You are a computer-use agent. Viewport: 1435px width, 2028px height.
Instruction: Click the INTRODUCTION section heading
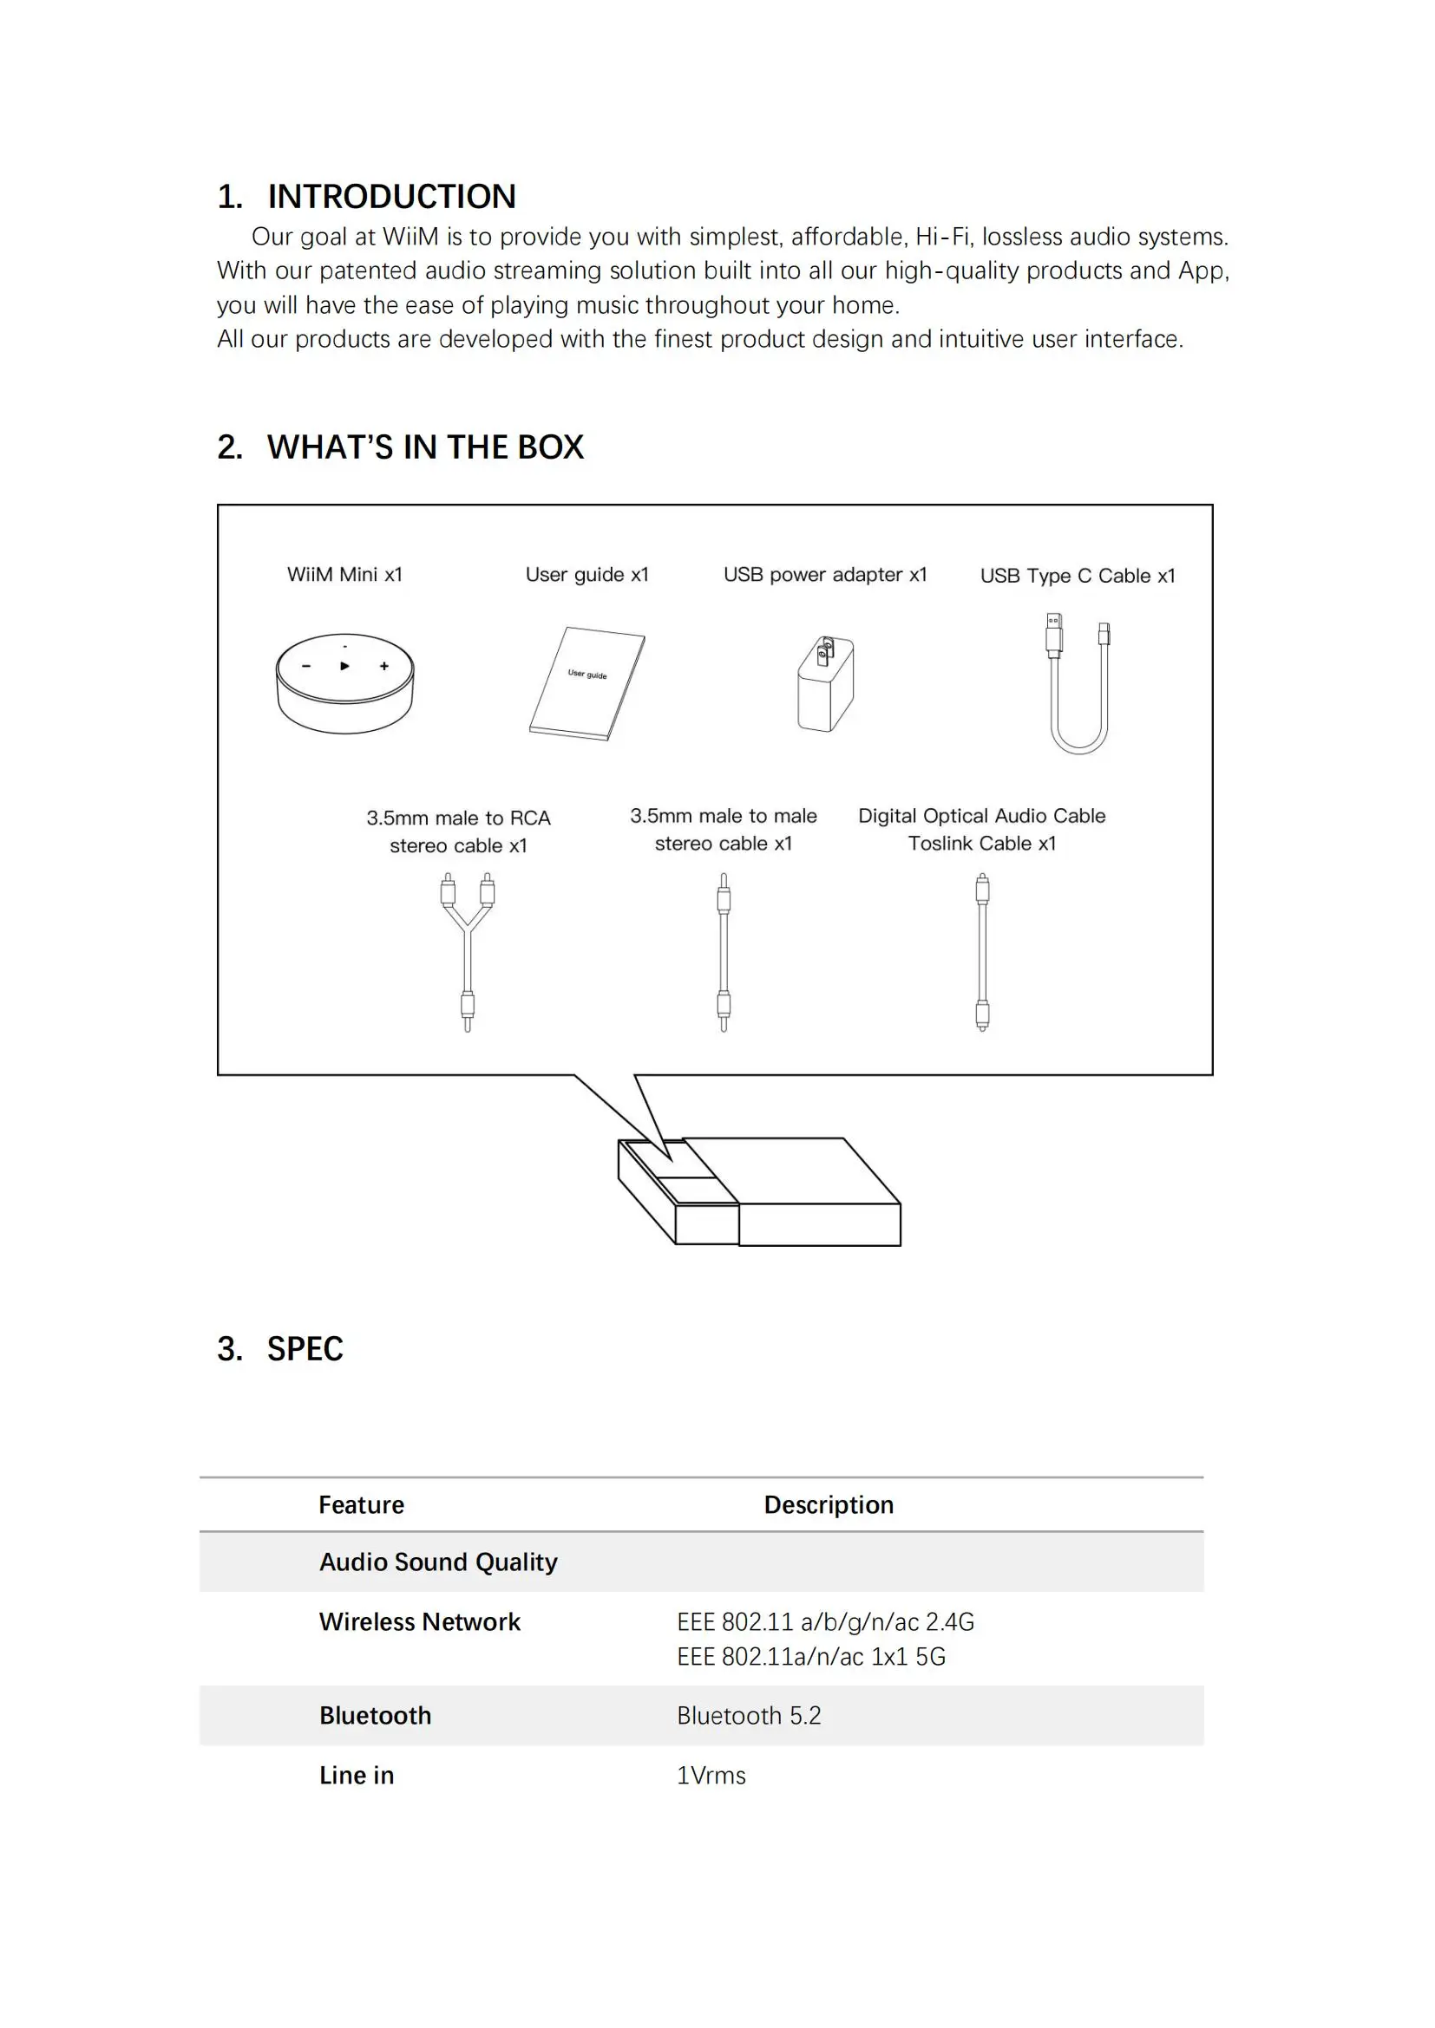[366, 196]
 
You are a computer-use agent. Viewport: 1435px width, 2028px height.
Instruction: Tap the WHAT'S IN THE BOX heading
[400, 447]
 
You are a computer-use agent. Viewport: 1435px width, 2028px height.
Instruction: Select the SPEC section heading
[280, 1349]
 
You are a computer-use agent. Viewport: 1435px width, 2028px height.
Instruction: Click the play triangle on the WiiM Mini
[344, 666]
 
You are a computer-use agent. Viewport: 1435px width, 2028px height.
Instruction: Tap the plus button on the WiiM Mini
[384, 666]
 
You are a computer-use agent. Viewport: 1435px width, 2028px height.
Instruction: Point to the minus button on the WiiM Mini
[305, 666]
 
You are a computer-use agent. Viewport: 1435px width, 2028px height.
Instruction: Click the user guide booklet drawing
[586, 683]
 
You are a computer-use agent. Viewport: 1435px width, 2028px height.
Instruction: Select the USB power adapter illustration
[825, 683]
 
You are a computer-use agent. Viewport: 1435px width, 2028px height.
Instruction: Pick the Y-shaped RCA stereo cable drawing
[468, 951]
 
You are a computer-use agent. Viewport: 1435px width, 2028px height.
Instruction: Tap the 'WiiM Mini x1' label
[344, 574]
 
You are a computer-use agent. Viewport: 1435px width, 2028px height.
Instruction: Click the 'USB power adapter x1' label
[825, 574]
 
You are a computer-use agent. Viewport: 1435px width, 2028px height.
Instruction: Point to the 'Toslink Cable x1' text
[982, 844]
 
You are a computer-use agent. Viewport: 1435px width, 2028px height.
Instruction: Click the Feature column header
[362, 1504]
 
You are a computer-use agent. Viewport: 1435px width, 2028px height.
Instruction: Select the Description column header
[829, 1504]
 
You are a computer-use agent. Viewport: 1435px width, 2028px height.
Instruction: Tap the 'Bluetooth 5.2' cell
[750, 1715]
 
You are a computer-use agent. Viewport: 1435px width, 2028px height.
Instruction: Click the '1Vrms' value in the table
[711, 1776]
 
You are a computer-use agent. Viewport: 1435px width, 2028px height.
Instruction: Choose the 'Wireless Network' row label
[420, 1621]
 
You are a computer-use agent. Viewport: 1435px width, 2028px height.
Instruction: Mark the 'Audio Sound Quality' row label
[438, 1562]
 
